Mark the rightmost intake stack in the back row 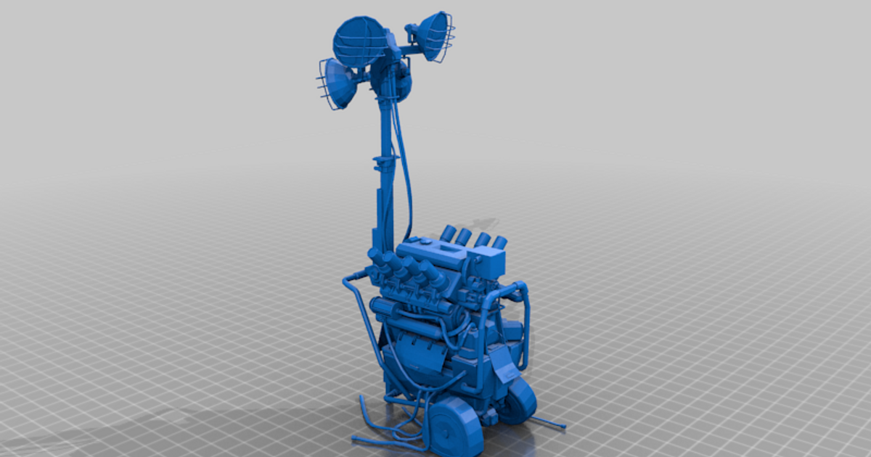click(x=500, y=242)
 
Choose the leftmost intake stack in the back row click(x=448, y=233)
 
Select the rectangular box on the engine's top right click(x=491, y=263)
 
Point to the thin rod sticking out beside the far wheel click(x=550, y=422)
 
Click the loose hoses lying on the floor click(x=385, y=434)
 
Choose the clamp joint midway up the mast click(x=385, y=162)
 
